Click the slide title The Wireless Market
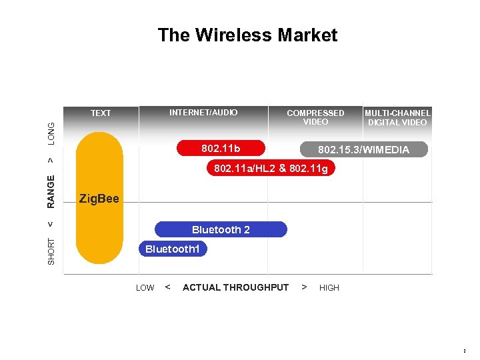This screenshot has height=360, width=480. [247, 35]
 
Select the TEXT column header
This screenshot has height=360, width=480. [101, 113]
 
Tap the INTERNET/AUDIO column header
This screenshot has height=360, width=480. [203, 113]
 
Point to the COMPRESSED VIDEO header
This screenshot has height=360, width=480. [315, 117]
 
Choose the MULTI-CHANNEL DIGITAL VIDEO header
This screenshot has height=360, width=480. [397, 117]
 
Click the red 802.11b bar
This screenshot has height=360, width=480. [221, 147]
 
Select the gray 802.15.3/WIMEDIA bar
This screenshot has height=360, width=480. [363, 149]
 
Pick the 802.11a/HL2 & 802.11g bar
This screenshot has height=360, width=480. [271, 169]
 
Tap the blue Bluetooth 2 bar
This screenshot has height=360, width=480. [221, 230]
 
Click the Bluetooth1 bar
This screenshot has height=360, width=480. [172, 249]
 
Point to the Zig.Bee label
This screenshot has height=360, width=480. [99, 198]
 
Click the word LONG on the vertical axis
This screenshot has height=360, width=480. [52, 133]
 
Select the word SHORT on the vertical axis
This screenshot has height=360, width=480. [52, 252]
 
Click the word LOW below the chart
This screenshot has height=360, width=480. [145, 288]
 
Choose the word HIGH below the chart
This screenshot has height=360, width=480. [329, 288]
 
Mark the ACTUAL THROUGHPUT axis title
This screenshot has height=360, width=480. [235, 287]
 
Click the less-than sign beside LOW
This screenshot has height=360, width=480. [167, 287]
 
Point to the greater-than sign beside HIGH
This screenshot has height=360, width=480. [304, 287]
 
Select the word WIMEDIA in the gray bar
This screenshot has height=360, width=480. [386, 150]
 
